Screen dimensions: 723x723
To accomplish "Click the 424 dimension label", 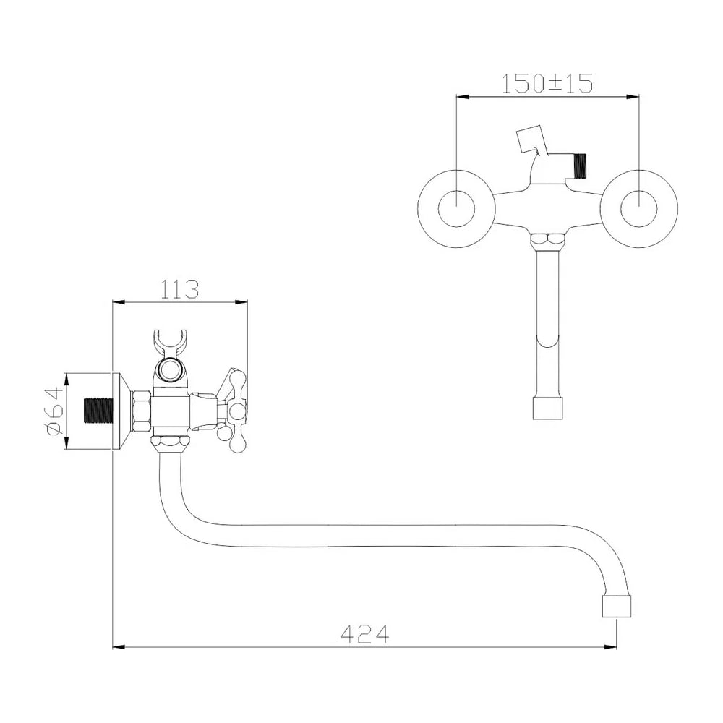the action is click(x=364, y=634).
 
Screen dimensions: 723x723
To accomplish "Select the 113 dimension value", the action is click(x=180, y=289).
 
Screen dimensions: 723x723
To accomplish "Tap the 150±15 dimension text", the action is click(x=547, y=83).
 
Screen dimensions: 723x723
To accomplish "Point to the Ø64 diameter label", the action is click(x=54, y=411).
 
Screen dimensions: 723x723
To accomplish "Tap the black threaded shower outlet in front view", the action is click(x=580, y=166).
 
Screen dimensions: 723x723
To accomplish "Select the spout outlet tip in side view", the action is click(x=617, y=606).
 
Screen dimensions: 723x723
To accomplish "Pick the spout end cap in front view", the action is click(x=547, y=408).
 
